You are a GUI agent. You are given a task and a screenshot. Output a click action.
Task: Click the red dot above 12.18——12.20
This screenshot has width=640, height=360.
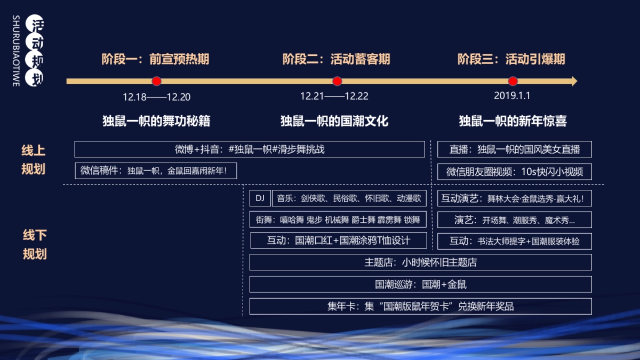pos(156,81)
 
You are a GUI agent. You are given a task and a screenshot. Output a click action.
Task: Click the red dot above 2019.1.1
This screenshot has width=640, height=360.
pos(513,81)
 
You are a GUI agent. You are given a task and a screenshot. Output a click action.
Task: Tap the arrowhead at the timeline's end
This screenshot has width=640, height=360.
pos(573,81)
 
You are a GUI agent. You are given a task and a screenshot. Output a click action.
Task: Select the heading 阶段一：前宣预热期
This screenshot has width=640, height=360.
pos(155,59)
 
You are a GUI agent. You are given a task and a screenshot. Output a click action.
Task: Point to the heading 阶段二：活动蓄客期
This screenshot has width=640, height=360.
pos(336,59)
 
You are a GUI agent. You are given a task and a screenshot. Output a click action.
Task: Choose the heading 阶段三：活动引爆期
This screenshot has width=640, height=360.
pos(511,59)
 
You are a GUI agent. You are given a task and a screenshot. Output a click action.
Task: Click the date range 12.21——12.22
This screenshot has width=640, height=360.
pos(334,97)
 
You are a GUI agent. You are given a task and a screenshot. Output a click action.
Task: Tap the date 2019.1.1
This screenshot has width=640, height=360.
pos(512,96)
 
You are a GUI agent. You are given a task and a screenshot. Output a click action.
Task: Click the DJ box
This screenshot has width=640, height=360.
pos(260,198)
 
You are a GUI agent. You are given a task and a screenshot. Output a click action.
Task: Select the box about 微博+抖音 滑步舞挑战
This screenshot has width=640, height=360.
pos(250,149)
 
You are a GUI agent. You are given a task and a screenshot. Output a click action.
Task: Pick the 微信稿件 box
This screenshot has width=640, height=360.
pos(155,171)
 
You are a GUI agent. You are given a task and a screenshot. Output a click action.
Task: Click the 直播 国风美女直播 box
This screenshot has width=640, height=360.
pos(514,149)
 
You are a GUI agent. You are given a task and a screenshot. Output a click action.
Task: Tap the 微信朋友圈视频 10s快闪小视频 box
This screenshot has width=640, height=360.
pos(514,172)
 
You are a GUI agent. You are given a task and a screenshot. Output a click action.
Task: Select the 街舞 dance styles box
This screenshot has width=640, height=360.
pos(338,220)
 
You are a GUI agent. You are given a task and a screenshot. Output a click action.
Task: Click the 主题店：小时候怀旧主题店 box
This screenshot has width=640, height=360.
pos(420,262)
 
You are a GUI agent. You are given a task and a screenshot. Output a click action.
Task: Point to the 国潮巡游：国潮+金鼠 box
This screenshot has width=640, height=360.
pos(420,284)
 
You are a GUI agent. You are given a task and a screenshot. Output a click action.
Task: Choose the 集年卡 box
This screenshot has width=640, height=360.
pos(420,306)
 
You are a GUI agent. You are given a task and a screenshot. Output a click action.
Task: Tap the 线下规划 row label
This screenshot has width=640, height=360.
pos(35,244)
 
